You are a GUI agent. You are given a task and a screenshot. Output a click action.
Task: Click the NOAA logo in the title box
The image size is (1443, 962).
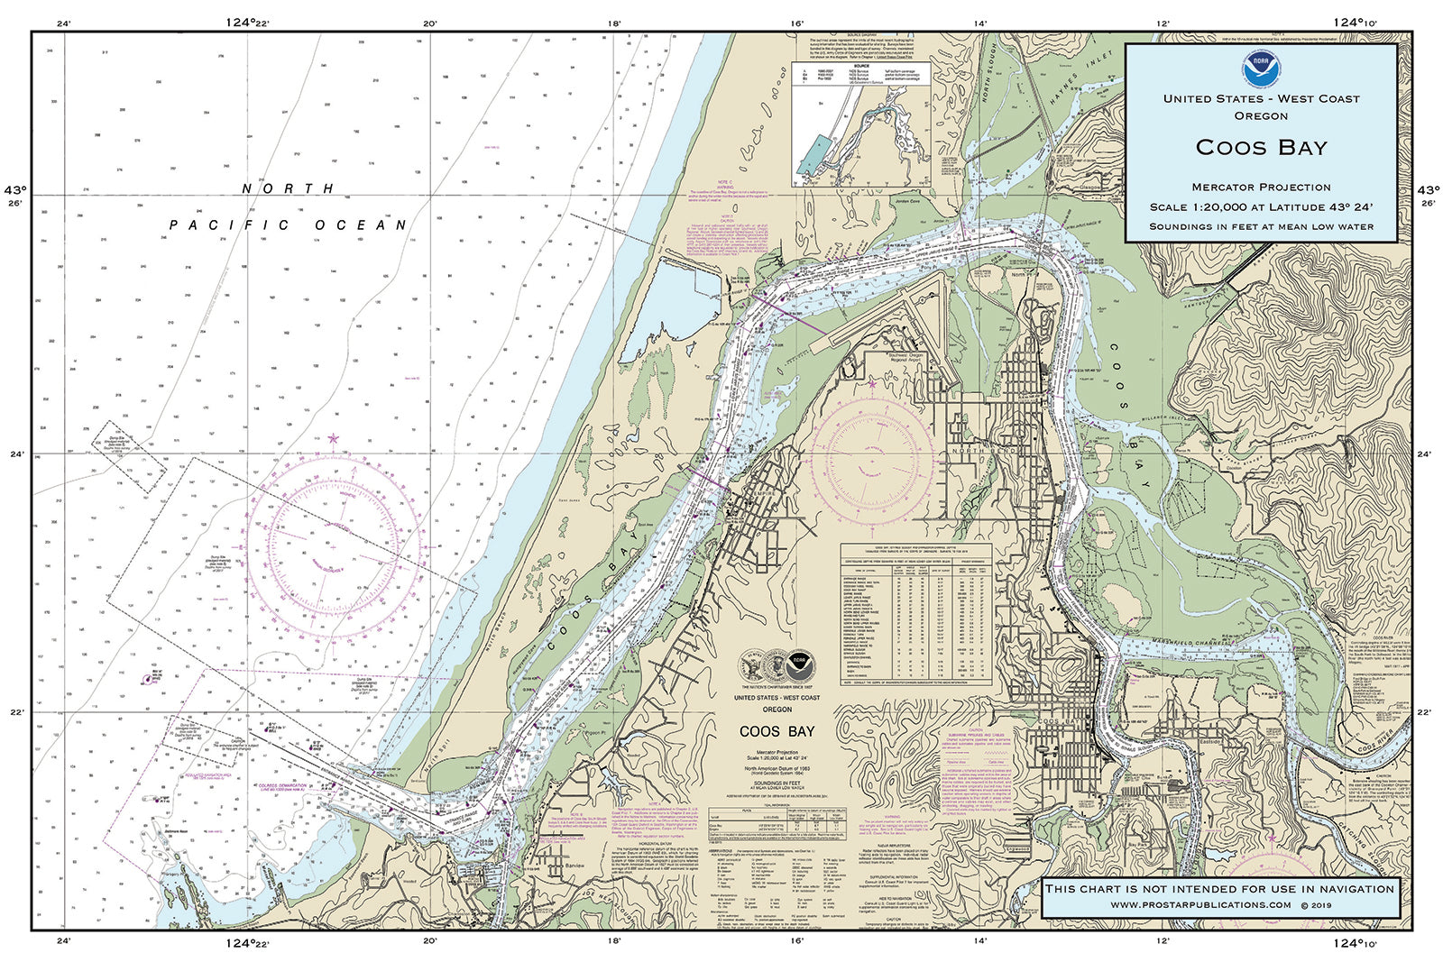(x=1260, y=67)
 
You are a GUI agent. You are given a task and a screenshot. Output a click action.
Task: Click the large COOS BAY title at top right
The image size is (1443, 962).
(x=1261, y=147)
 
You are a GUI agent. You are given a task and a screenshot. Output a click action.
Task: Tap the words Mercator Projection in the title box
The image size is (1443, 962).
(x=1261, y=187)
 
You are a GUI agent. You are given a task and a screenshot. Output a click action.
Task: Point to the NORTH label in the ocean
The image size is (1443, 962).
(x=288, y=188)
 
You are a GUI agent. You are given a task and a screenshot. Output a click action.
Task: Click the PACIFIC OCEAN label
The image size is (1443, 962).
(x=289, y=224)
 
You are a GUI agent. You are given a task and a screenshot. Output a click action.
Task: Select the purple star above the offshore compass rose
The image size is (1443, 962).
(x=333, y=439)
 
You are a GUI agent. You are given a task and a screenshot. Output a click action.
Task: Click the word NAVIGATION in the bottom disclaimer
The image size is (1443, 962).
(x=1349, y=888)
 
